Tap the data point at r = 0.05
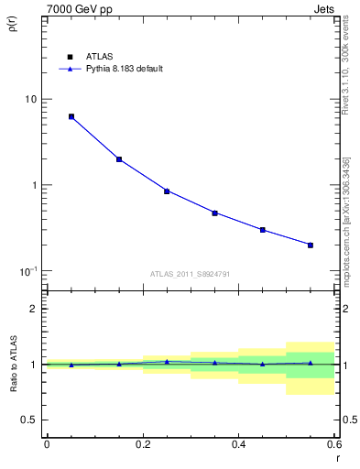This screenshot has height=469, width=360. pyautogui.click(x=71, y=116)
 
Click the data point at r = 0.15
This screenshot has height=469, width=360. pyautogui.click(x=119, y=159)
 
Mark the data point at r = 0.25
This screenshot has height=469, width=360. pyautogui.click(x=167, y=191)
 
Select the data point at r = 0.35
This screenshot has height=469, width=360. pyautogui.click(x=214, y=213)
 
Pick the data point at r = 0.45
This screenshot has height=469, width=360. pyautogui.click(x=263, y=230)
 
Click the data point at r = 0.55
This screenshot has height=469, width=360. pyautogui.click(x=311, y=245)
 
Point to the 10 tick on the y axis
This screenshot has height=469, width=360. pyautogui.click(x=30, y=99)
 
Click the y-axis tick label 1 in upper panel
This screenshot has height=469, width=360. pyautogui.click(x=35, y=185)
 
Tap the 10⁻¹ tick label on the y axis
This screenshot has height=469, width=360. pyautogui.click(x=28, y=271)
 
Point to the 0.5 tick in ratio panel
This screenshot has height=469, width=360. pyautogui.click(x=29, y=420)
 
